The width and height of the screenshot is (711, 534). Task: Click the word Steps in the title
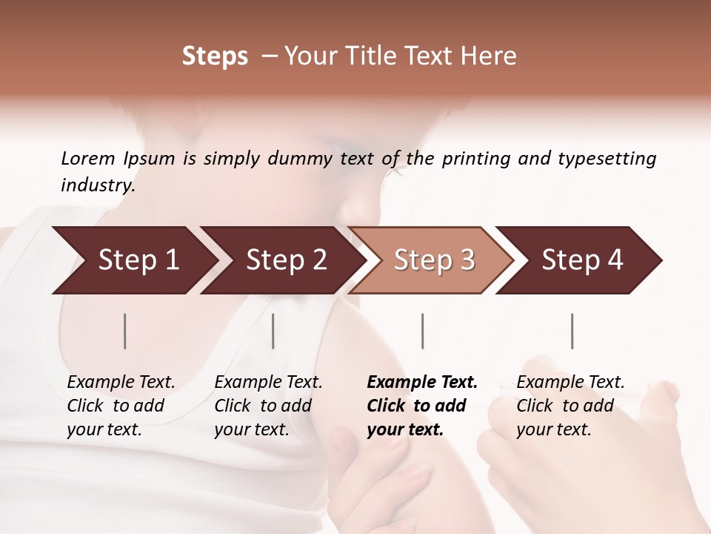point(215,56)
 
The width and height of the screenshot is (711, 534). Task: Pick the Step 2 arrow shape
point(286,260)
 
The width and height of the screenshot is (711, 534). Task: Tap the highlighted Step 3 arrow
point(434,260)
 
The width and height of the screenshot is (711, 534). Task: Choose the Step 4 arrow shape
point(582,260)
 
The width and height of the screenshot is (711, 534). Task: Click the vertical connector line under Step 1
point(125,331)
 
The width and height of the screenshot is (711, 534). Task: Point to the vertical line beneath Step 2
point(273,331)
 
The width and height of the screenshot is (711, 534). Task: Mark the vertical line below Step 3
point(423,331)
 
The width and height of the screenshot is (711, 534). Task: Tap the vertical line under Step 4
point(573,331)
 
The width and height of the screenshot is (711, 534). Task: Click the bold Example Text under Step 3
point(422,406)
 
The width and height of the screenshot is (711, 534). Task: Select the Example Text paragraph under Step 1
point(121,406)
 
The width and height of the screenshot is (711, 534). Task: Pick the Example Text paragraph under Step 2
point(268,406)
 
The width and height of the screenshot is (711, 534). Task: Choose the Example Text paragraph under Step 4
point(570,406)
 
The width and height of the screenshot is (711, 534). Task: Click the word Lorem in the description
point(87,158)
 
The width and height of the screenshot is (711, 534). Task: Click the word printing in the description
point(474,159)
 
